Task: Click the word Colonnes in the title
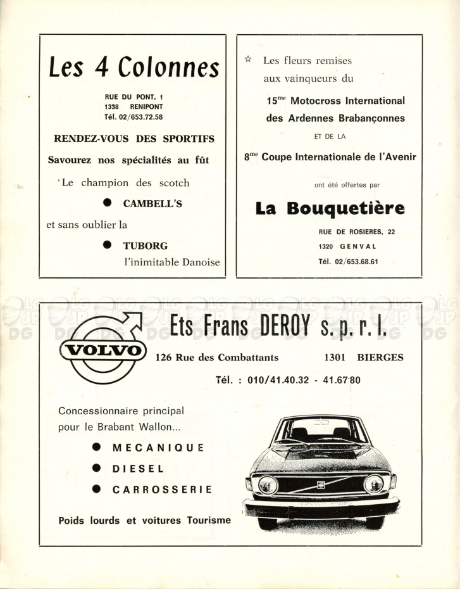[x=169, y=67]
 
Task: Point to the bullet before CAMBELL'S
[x=108, y=203]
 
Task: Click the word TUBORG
[x=146, y=245]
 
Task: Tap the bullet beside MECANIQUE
[x=97, y=446]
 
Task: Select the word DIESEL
[x=138, y=469]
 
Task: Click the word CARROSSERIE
[x=162, y=490]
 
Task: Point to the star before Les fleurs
[x=248, y=60]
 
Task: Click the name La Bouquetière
[x=330, y=208]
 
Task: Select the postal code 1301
[x=335, y=357]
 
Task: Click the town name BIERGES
[x=380, y=357]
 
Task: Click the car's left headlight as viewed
[x=268, y=484]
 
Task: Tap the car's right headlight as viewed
[x=373, y=483]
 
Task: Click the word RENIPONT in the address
[x=146, y=107]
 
